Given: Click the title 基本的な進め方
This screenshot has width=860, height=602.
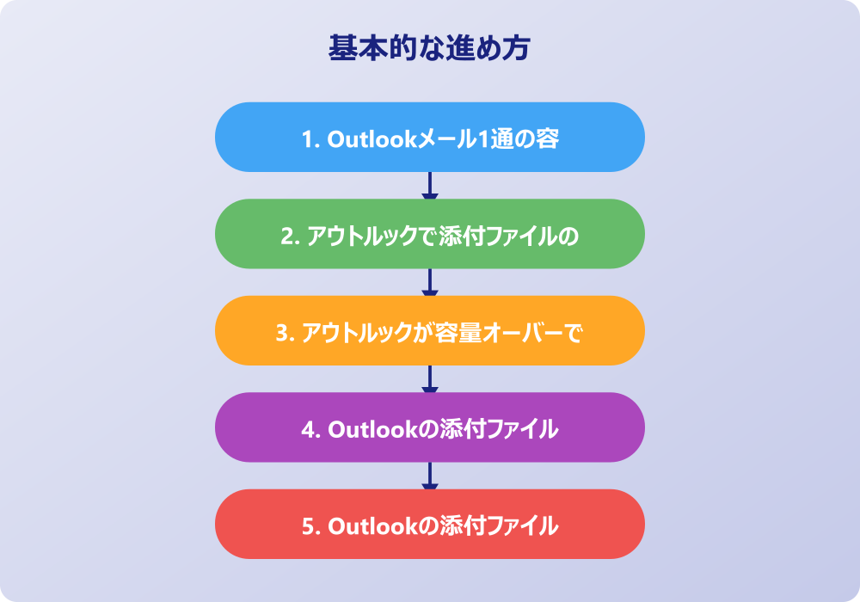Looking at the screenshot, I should (429, 48).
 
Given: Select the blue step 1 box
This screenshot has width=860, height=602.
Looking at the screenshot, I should (429, 138).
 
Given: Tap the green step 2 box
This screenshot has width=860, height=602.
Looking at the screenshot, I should (429, 234).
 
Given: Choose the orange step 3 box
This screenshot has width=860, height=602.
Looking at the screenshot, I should (429, 331).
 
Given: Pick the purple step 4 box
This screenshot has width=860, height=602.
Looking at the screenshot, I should (429, 427).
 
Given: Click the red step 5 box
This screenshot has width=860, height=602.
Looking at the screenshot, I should (429, 525).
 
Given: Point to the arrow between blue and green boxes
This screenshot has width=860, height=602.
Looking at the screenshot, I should (429, 186).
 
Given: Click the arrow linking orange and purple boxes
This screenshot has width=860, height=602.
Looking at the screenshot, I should (429, 379).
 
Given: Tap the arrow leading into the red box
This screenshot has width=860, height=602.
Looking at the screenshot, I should (429, 476).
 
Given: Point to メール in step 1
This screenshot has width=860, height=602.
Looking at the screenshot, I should (441, 138).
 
